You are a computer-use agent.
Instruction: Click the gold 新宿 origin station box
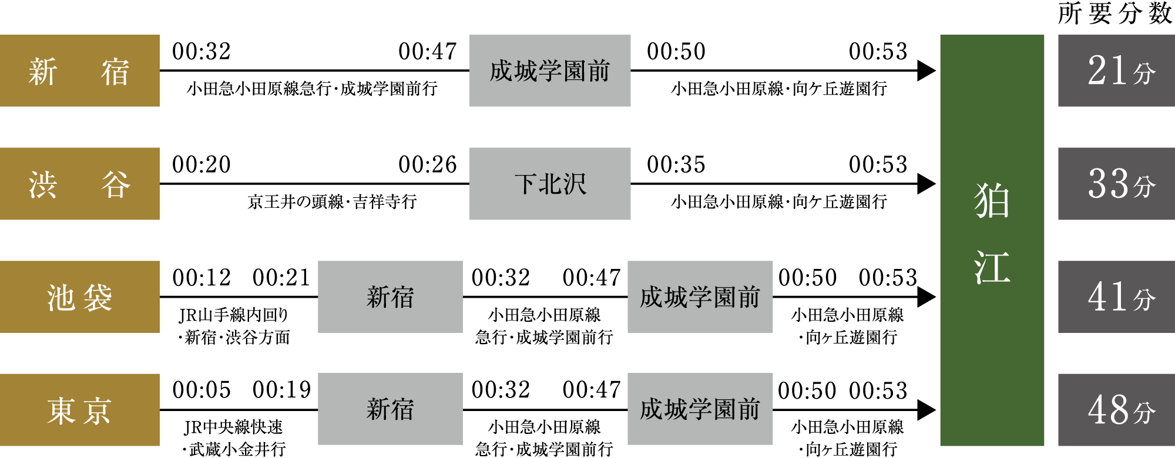[80, 70]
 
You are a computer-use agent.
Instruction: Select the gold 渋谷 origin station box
[80, 184]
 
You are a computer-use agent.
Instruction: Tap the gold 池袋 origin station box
[80, 297]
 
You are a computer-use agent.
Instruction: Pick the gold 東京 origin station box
[80, 410]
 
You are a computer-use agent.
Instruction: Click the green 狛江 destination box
[992, 240]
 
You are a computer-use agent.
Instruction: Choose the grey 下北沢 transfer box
[550, 184]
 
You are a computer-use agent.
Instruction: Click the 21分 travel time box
[1116, 70]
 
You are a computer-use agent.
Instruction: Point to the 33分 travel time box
[1116, 184]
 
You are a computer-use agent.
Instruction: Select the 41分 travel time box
[1116, 297]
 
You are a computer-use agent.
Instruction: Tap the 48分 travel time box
[1116, 410]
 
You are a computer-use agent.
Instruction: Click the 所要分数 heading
[1115, 14]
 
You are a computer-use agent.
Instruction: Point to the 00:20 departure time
[202, 165]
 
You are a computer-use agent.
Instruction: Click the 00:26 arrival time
[428, 165]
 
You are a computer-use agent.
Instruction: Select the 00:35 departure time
[676, 165]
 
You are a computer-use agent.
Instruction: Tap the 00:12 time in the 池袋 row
[202, 278]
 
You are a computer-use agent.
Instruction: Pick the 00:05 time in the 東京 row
[202, 390]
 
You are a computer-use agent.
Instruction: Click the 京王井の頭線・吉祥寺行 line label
[333, 202]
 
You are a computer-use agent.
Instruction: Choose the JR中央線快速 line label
[233, 427]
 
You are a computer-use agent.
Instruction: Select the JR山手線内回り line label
[233, 315]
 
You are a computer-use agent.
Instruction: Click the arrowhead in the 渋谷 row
[926, 184]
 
